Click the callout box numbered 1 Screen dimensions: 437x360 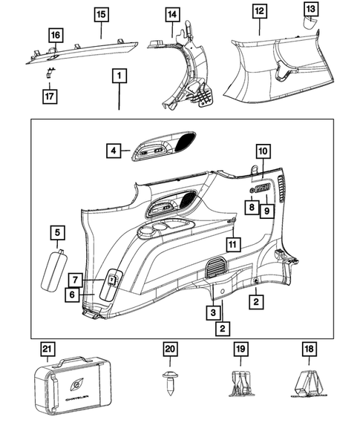tap(119, 76)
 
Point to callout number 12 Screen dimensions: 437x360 tap(258, 10)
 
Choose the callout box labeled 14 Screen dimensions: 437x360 tap(172, 14)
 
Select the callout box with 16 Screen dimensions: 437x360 tap(54, 36)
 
